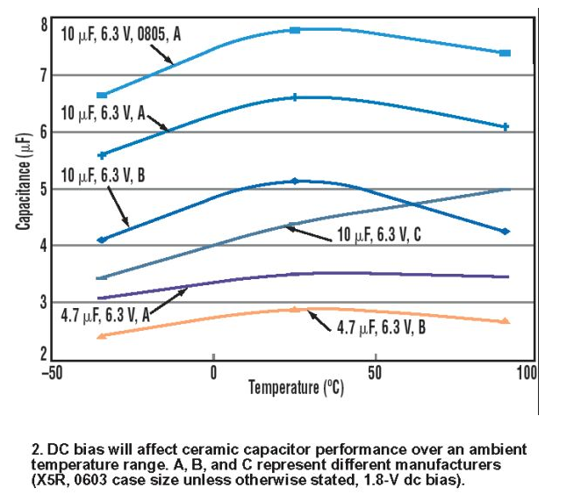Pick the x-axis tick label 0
(213, 372)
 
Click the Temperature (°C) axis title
(294, 387)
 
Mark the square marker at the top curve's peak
(295, 30)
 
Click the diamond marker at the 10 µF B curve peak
(294, 181)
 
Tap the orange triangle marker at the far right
(505, 321)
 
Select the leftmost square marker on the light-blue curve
(102, 95)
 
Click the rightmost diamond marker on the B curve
(505, 232)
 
